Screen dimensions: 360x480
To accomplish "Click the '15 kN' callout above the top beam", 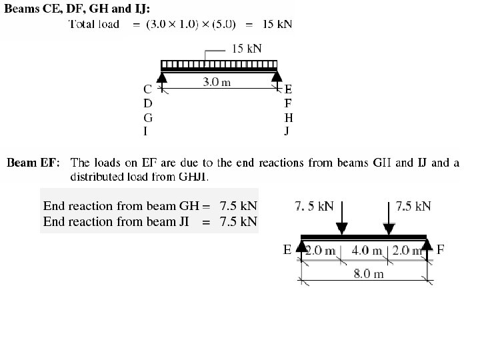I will pyautogui.click(x=246, y=48).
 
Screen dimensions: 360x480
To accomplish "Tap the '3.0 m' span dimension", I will pyautogui.click(x=217, y=83).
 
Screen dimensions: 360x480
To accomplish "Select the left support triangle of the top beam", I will pyautogui.click(x=162, y=79).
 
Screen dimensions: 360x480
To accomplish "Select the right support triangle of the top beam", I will pyautogui.click(x=278, y=79).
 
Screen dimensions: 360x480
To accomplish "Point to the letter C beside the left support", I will pyautogui.click(x=147, y=89).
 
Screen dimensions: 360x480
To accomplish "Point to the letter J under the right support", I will pyautogui.click(x=288, y=131).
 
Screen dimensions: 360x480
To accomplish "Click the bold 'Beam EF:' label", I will pyautogui.click(x=33, y=163).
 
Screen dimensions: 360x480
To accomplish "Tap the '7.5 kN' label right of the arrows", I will pyautogui.click(x=413, y=206).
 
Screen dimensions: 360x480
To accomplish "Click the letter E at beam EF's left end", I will pyautogui.click(x=287, y=250).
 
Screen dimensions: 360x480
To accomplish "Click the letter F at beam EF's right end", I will pyautogui.click(x=440, y=250).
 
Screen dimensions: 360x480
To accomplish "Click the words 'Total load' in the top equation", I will pyautogui.click(x=95, y=25).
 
